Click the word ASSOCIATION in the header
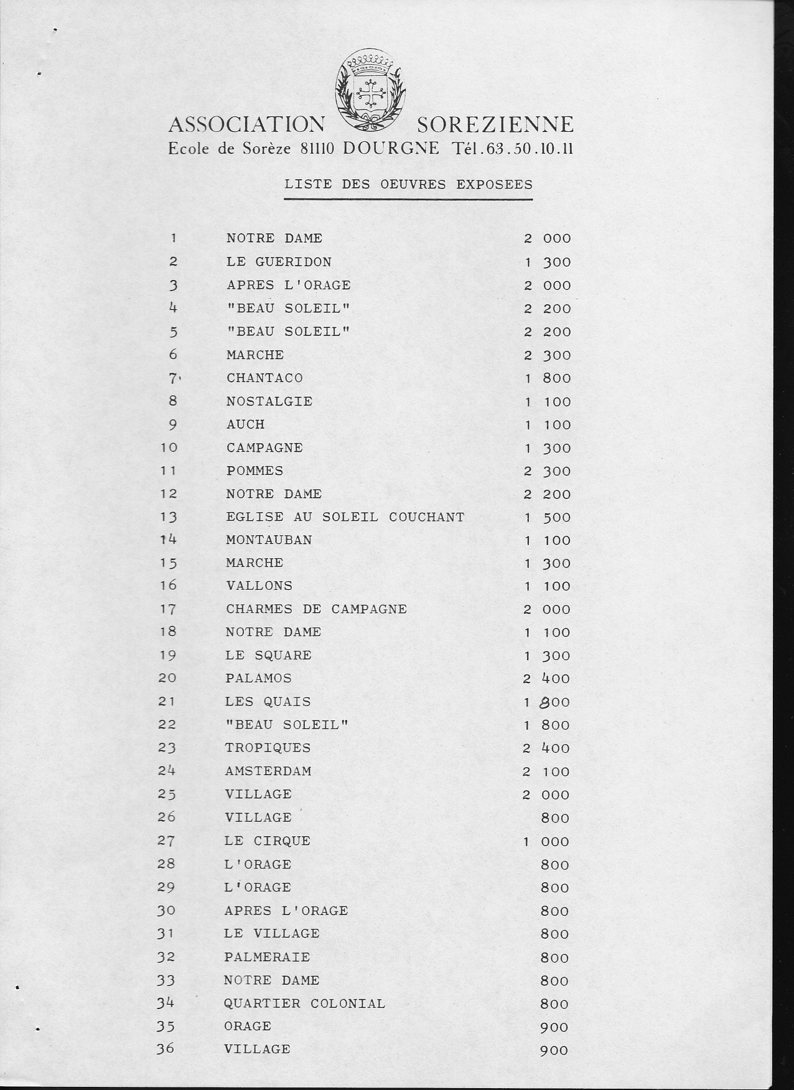coord(246,125)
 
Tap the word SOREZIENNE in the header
coord(495,125)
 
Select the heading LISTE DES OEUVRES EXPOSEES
coord(408,185)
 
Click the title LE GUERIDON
coord(279,262)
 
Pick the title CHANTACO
coord(264,378)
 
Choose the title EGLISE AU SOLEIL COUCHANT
coord(345,517)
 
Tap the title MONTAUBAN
coord(269,540)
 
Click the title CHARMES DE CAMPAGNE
coord(316,609)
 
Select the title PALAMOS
coord(258,678)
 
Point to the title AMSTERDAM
coord(268,771)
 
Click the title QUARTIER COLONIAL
coord(304,1004)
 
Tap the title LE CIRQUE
coord(268,841)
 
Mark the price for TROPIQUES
coord(546,748)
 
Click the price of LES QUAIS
coord(546,702)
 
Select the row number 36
coord(166,1048)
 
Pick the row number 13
coord(168,517)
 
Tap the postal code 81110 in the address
coord(318,149)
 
